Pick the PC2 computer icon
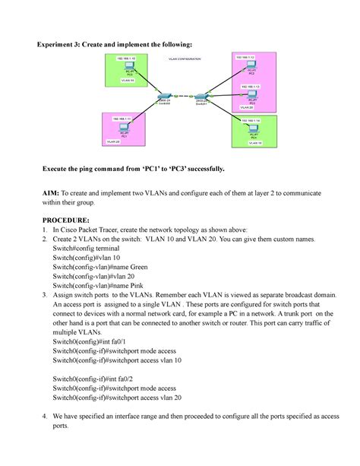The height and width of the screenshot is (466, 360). [x=251, y=68]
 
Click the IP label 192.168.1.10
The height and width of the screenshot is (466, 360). [x=125, y=59]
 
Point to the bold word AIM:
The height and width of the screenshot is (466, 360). [x=54, y=194]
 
